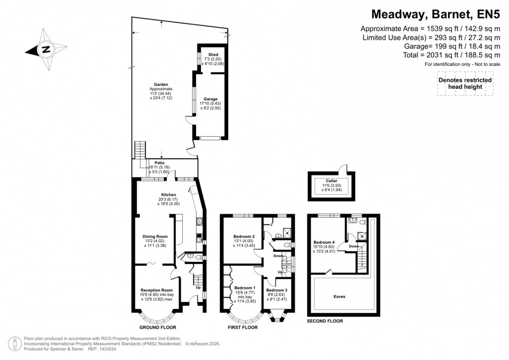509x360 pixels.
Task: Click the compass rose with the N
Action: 45,49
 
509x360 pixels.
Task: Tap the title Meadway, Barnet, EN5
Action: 435,13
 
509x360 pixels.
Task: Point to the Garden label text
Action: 161,85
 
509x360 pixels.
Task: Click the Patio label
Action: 160,163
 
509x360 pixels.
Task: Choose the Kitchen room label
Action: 168,194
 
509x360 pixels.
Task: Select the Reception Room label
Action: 157,290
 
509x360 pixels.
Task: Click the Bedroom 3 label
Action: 276,290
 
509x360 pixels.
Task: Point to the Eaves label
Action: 339,297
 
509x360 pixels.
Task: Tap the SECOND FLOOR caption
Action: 325,321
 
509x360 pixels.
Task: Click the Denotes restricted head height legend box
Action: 465,83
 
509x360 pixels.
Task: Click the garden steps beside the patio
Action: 140,149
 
